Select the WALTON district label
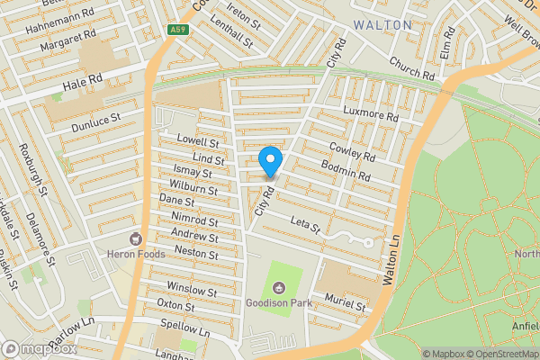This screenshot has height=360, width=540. point(382,24)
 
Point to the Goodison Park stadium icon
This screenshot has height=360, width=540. point(279,288)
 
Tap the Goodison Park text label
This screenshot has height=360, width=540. point(279,303)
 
